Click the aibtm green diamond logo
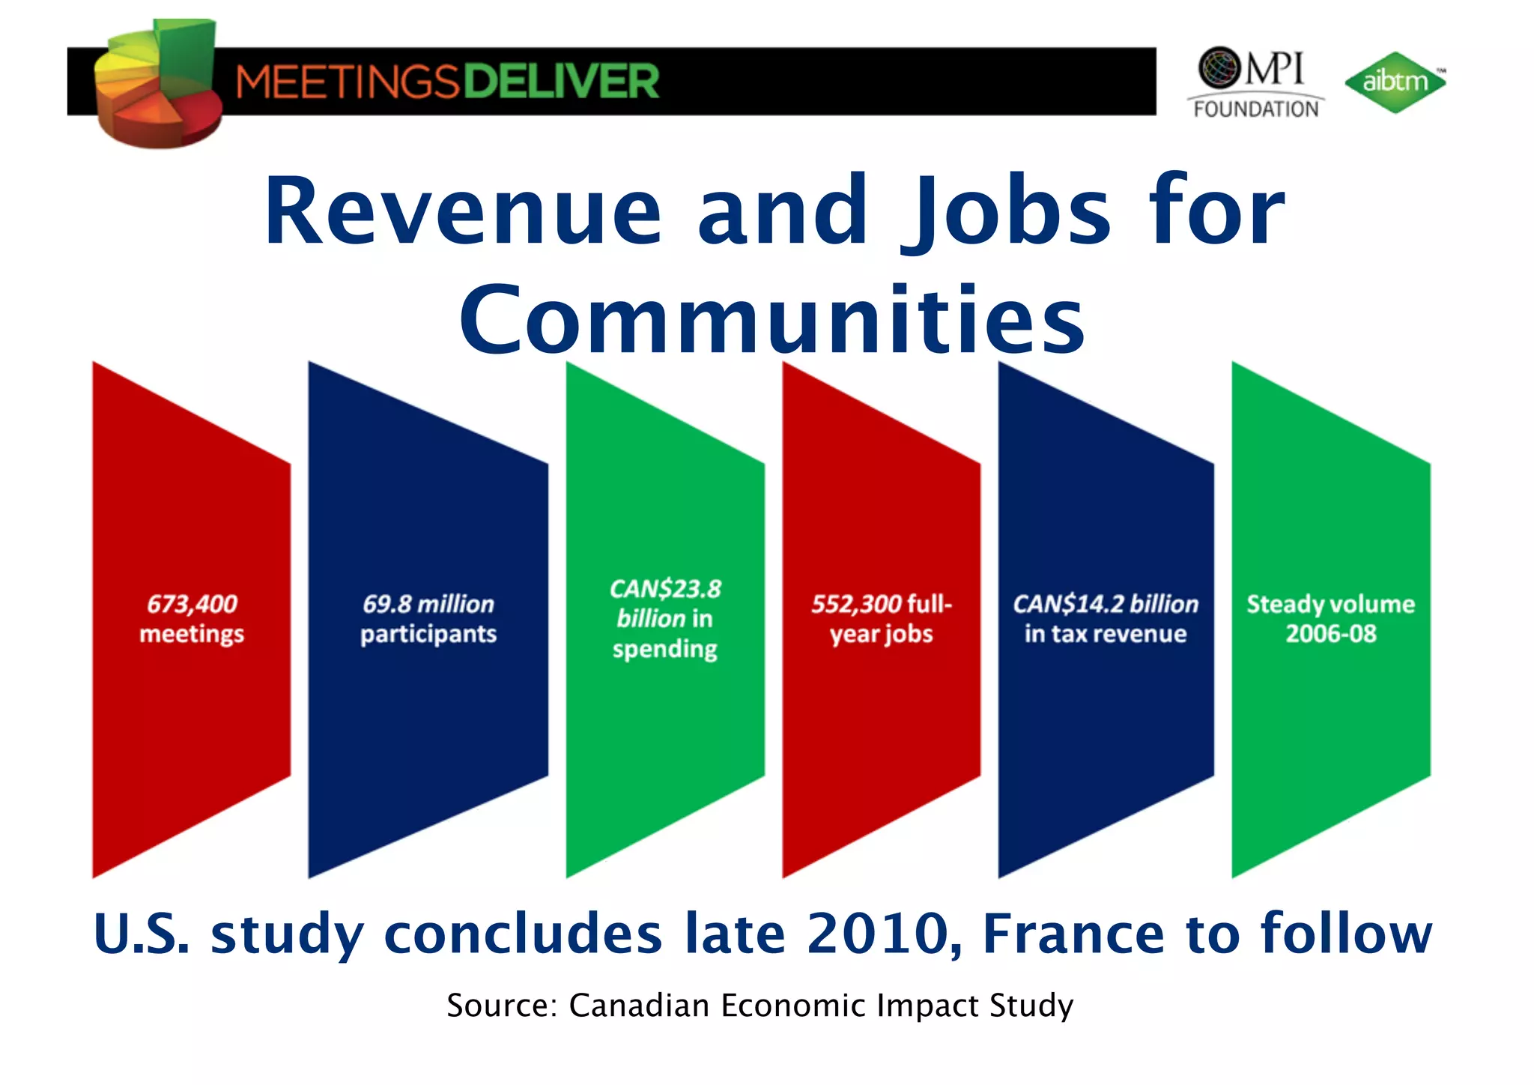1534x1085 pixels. [x=1394, y=82]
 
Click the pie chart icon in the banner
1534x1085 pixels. [x=158, y=84]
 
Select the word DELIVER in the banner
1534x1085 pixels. [x=561, y=81]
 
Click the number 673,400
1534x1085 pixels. [x=192, y=604]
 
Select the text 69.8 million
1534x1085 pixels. [x=428, y=604]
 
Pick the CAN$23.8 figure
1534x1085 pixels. [x=665, y=589]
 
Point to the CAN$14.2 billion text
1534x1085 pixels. [x=1106, y=604]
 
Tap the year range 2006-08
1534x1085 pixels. [x=1331, y=634]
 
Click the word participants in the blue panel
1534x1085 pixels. [x=428, y=635]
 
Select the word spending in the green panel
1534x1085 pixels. [x=665, y=649]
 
